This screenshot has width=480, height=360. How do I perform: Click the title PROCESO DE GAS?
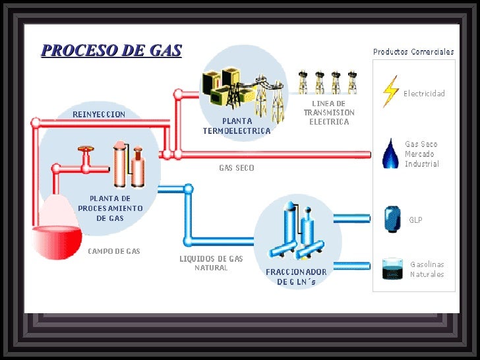pyautogui.click(x=111, y=51)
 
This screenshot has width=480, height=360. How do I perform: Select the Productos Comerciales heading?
pyautogui.click(x=413, y=51)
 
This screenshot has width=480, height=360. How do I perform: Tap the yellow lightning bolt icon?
pyautogui.click(x=391, y=92)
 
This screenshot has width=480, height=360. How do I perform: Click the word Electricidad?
pyautogui.click(x=424, y=94)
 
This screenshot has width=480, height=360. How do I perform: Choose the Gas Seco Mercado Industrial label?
pyautogui.click(x=421, y=154)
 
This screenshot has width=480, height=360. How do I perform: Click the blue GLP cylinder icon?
pyautogui.click(x=392, y=219)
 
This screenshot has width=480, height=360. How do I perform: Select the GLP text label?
pyautogui.click(x=415, y=220)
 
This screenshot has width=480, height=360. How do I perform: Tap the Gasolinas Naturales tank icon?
pyautogui.click(x=393, y=268)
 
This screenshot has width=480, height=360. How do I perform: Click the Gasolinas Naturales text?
pyautogui.click(x=427, y=269)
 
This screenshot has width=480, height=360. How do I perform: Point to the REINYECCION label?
pyautogui.click(x=99, y=114)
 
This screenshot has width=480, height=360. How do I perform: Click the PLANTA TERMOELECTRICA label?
pyautogui.click(x=237, y=126)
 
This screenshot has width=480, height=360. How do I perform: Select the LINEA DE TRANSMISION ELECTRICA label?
pyautogui.click(x=329, y=113)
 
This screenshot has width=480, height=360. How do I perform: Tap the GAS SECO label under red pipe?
pyautogui.click(x=237, y=168)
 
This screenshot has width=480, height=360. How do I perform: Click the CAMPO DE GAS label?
pyautogui.click(x=114, y=251)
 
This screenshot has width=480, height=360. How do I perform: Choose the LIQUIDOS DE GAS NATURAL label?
pyautogui.click(x=211, y=263)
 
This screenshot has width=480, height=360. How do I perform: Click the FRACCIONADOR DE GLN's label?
pyautogui.click(x=296, y=277)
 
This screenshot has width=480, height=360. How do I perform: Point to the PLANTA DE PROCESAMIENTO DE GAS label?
pyautogui.click(x=110, y=208)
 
